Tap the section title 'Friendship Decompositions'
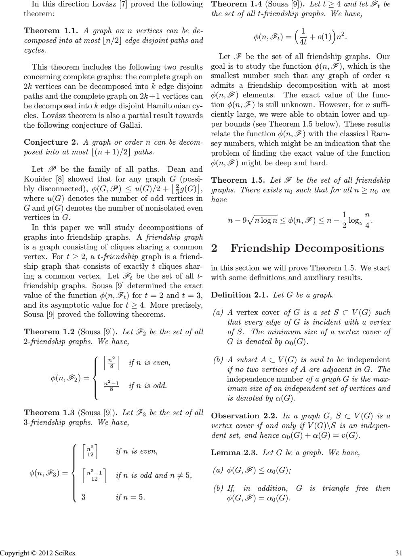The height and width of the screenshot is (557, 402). coord(307,248)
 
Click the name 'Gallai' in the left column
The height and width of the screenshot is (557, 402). coord(129,125)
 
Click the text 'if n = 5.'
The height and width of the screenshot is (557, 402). coord(130,497)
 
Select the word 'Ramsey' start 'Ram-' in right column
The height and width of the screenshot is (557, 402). coord(382,134)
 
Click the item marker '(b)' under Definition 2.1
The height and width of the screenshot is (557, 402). coord(218,360)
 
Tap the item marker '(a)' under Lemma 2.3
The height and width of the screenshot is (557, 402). coord(218,470)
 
